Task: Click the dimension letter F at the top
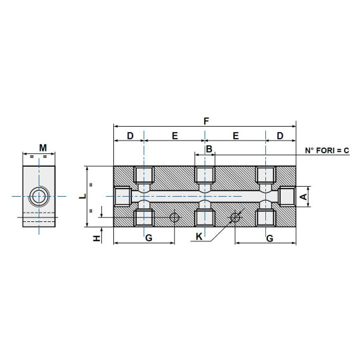pyautogui.click(x=206, y=121)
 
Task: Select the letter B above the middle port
pyautogui.click(x=209, y=149)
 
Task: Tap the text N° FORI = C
pyautogui.click(x=327, y=151)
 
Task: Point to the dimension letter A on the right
pyautogui.click(x=303, y=197)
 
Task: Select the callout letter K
pyautogui.click(x=199, y=237)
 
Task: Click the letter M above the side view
pyautogui.click(x=43, y=147)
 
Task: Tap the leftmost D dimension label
pyautogui.click(x=130, y=135)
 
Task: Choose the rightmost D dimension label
pyautogui.click(x=280, y=135)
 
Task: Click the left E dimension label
pyautogui.click(x=175, y=135)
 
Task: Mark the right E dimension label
pyautogui.click(x=235, y=135)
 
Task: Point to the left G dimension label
pyautogui.click(x=149, y=237)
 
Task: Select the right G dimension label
pyautogui.click(x=269, y=237)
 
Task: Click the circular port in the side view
pyautogui.click(x=39, y=197)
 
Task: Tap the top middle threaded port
pyautogui.click(x=205, y=175)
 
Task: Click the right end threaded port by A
pyautogui.click(x=287, y=197)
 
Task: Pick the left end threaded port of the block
pyautogui.click(x=122, y=197)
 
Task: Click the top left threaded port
pyautogui.click(x=143, y=175)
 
